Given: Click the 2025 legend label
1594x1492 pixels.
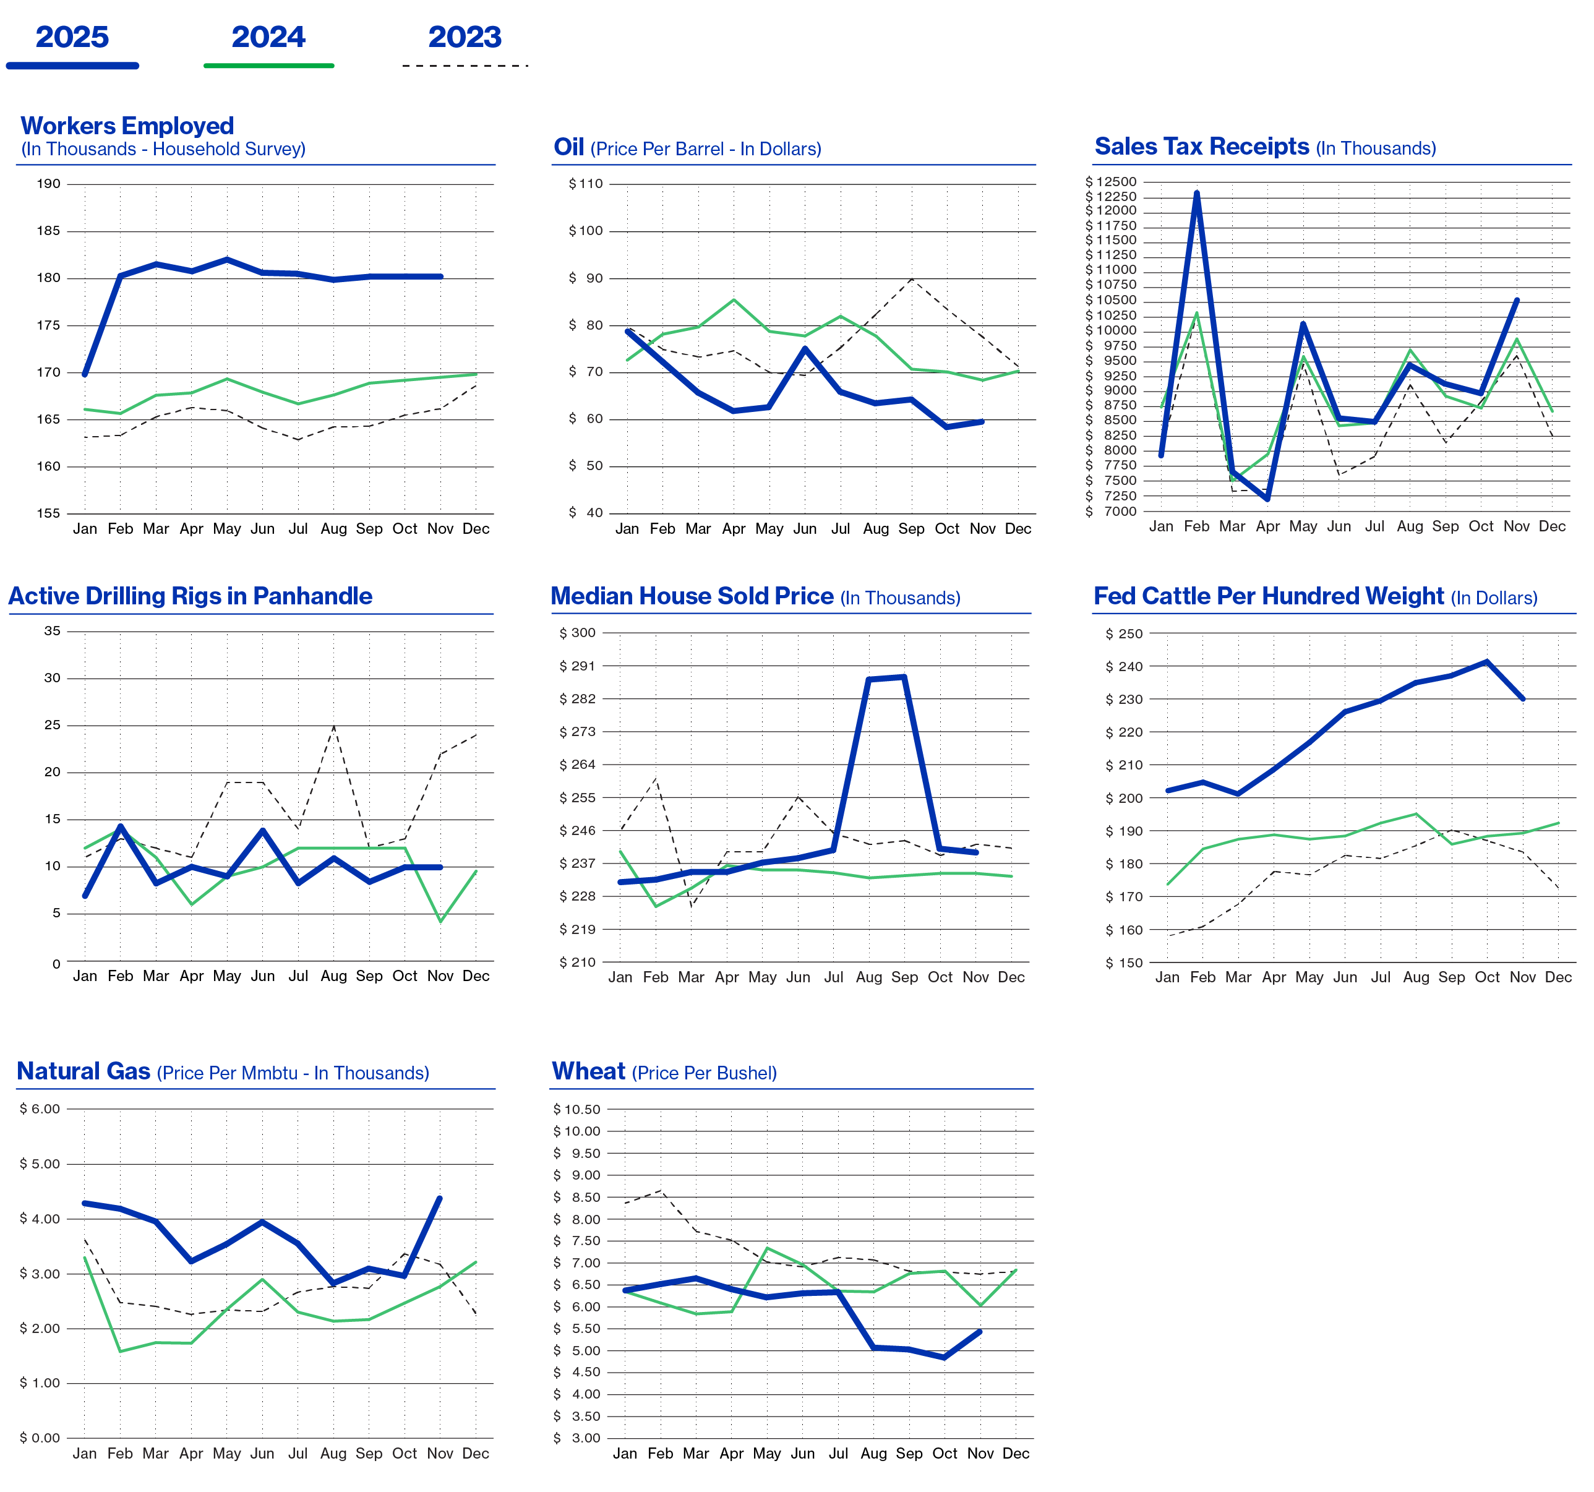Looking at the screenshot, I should click(x=72, y=37).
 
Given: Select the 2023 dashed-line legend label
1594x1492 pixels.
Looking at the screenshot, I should click(x=465, y=37).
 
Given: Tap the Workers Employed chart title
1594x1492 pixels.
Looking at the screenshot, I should click(x=127, y=126).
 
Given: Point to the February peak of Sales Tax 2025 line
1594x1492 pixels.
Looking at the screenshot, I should click(x=1196, y=192).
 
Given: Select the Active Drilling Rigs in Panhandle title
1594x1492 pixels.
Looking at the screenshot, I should click(x=190, y=596).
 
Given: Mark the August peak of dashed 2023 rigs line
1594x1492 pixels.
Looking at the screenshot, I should click(x=333, y=726).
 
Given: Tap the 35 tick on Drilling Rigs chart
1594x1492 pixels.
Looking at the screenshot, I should click(x=52, y=631).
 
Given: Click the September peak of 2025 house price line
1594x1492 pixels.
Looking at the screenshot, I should click(x=904, y=677).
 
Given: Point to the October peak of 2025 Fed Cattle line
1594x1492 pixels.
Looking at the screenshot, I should click(x=1488, y=661).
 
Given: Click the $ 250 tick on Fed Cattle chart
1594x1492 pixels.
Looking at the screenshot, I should click(x=1123, y=633).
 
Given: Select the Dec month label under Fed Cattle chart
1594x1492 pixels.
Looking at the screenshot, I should click(x=1558, y=977).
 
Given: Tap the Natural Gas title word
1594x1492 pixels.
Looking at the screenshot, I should click(x=84, y=1071).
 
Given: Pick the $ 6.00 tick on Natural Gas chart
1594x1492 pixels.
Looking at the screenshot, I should click(x=40, y=1108).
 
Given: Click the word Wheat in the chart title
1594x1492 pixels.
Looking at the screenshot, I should click(x=588, y=1071).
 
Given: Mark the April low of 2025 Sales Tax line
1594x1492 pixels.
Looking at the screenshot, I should click(x=1267, y=499).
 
